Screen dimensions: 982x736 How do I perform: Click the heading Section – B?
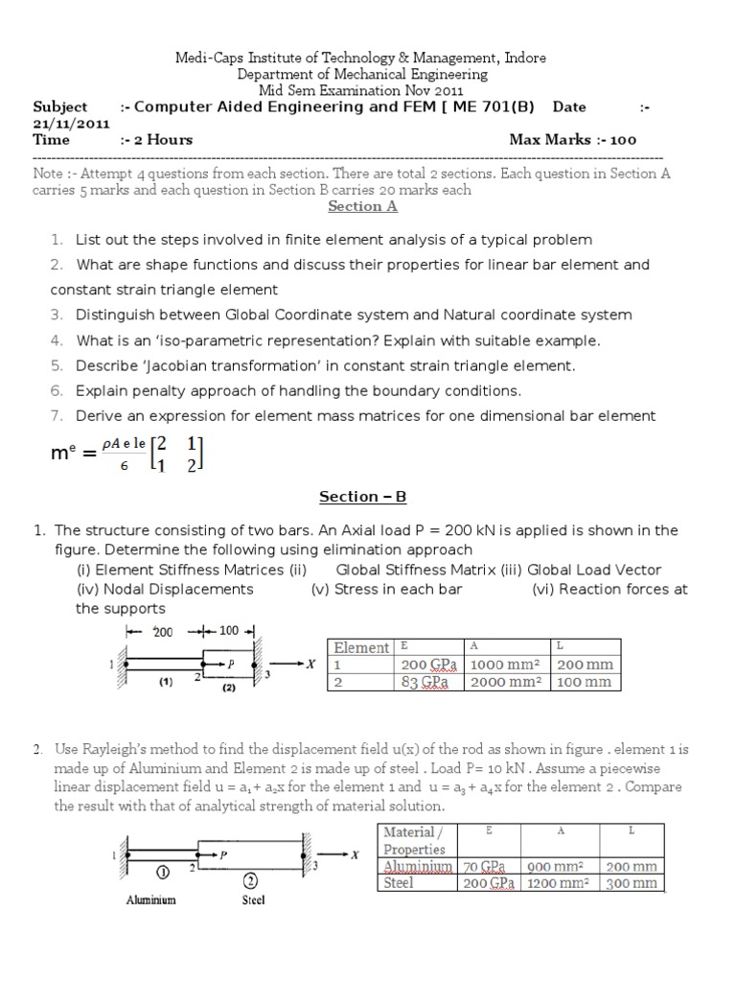click(x=362, y=497)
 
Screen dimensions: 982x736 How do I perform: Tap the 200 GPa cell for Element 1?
click(x=429, y=665)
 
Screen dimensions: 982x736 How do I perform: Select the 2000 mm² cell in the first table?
click(x=504, y=682)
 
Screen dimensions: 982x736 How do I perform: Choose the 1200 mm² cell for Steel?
click(x=559, y=883)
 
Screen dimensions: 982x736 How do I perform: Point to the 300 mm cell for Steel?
click(x=632, y=883)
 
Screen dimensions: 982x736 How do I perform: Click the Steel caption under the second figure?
click(x=253, y=900)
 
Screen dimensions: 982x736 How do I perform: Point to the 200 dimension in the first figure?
click(x=162, y=632)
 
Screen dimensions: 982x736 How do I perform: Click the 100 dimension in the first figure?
click(x=230, y=632)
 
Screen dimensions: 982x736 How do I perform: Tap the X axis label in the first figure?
click(x=310, y=664)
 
